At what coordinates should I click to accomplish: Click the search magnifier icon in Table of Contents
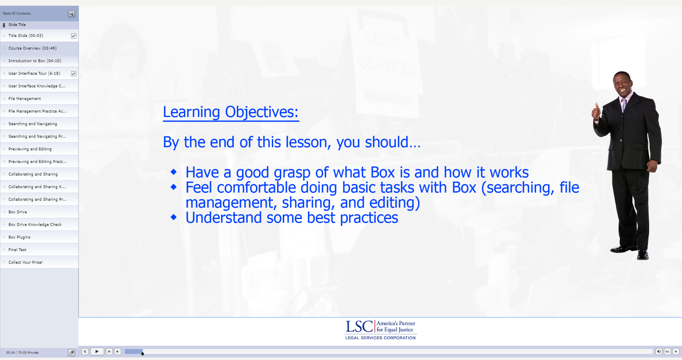71,13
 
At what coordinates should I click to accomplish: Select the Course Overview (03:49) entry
32,48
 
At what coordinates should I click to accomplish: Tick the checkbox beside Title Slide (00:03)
74,36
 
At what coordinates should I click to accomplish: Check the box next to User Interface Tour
74,74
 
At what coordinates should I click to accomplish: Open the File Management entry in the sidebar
25,99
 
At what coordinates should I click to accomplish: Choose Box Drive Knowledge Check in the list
35,224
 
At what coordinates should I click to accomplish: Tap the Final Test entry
17,250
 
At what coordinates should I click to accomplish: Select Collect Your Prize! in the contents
26,262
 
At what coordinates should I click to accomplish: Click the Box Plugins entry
19,237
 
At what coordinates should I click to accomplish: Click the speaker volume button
658,351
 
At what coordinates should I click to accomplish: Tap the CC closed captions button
667,351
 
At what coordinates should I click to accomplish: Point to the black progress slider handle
143,353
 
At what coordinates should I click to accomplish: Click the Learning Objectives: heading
231,112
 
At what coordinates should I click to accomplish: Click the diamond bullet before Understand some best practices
173,217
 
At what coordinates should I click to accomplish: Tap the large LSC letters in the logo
359,327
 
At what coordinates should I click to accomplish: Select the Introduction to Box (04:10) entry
35,61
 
